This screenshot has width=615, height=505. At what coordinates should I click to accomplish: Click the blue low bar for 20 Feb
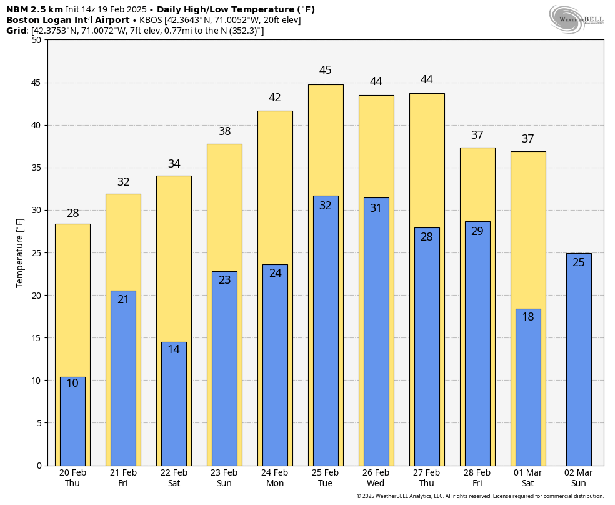click(72, 421)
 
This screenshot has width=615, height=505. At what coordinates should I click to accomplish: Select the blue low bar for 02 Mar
click(579, 359)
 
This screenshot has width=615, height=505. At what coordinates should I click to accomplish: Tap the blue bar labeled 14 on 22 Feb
click(174, 404)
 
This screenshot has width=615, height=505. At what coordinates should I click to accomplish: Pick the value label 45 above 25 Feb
click(325, 70)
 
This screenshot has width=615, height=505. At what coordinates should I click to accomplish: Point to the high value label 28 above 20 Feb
click(73, 213)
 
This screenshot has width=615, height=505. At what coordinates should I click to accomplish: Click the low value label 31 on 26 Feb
click(376, 207)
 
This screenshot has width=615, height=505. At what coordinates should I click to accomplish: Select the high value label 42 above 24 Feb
click(274, 97)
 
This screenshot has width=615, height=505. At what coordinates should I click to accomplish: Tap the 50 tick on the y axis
click(37, 40)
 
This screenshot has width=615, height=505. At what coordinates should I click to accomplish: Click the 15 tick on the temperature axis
click(37, 338)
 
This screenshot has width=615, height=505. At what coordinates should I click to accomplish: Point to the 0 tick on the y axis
click(39, 466)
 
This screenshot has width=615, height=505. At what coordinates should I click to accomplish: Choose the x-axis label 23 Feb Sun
click(224, 478)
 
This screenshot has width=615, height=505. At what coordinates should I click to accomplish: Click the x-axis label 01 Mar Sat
click(528, 478)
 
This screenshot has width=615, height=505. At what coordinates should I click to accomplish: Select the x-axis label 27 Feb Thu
click(427, 478)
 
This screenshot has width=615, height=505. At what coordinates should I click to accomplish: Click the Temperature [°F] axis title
click(19, 253)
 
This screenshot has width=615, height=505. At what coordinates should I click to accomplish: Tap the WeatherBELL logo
click(576, 19)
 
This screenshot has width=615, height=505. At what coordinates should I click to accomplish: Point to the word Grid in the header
click(16, 31)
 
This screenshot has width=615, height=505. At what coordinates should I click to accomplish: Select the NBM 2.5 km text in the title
click(34, 9)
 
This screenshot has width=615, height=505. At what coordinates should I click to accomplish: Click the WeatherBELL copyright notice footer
click(480, 496)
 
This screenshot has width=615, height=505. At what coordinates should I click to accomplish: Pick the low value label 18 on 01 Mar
click(528, 317)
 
